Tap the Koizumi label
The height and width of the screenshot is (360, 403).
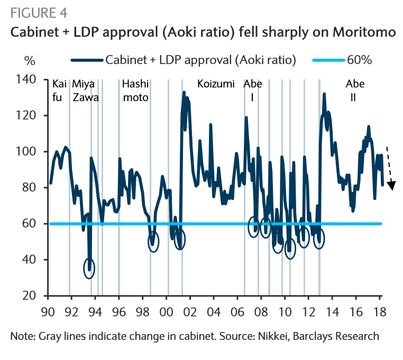click(x=216, y=84)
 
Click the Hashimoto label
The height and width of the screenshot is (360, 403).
click(x=135, y=91)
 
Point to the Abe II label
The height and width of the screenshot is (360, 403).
click(x=355, y=91)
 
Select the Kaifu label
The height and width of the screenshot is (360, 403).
click(x=59, y=91)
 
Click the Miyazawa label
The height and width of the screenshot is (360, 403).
click(x=85, y=91)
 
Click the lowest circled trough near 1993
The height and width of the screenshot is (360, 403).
click(x=90, y=267)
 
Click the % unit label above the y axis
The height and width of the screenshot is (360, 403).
click(x=29, y=60)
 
